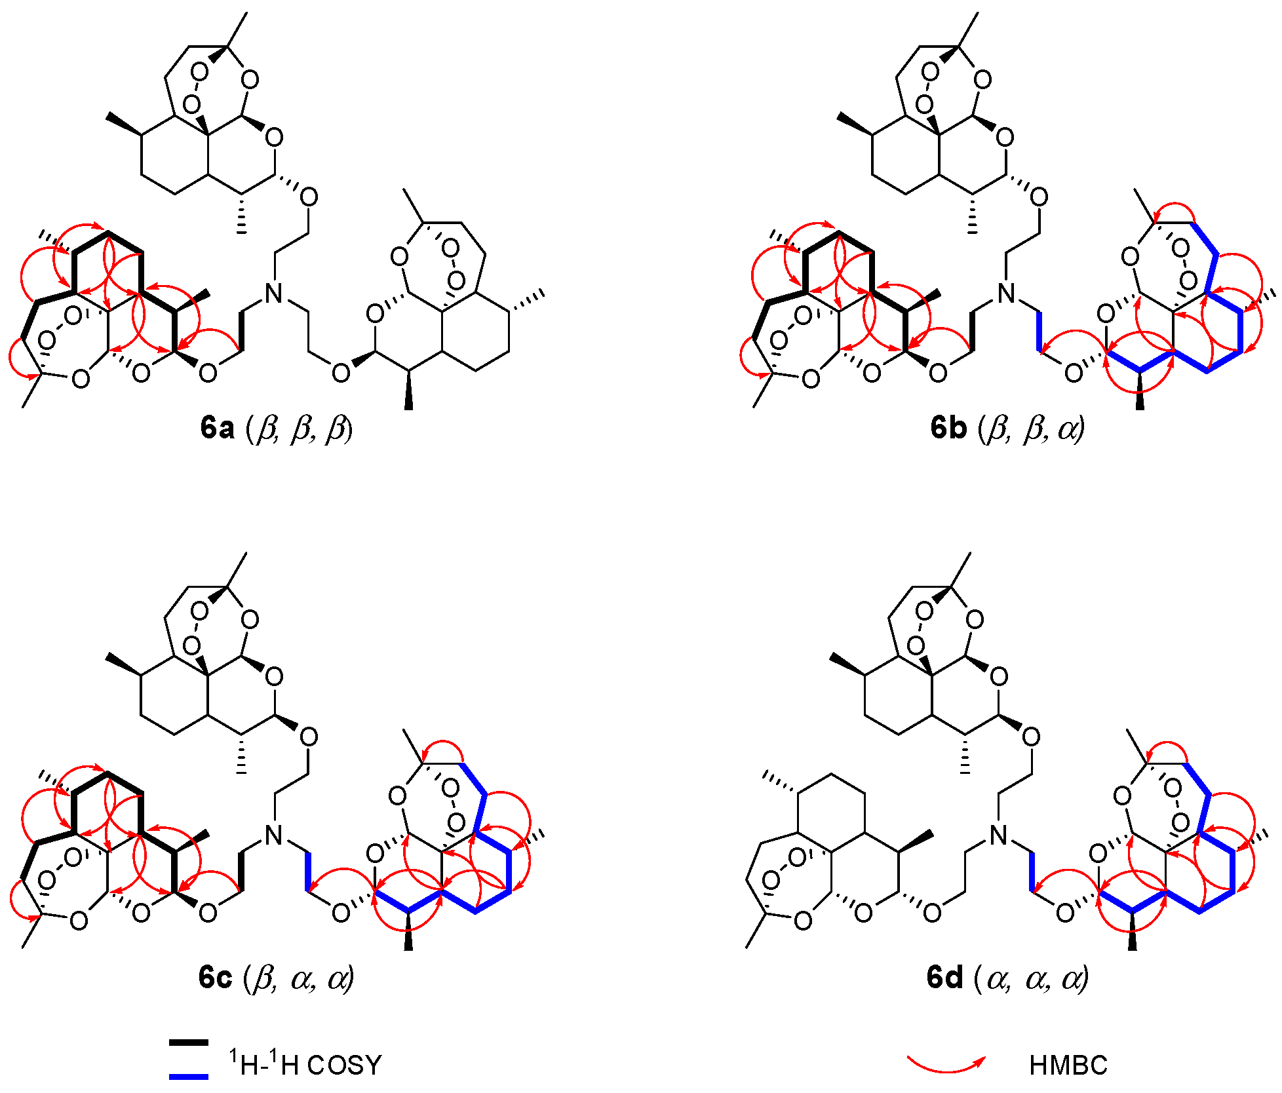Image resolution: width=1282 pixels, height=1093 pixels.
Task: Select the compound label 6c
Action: [x=216, y=977]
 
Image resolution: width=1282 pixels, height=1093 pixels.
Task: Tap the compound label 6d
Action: [x=944, y=977]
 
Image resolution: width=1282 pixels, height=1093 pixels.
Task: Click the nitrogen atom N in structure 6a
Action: [x=274, y=294]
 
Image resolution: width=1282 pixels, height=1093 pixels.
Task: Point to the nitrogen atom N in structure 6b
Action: [x=1005, y=294]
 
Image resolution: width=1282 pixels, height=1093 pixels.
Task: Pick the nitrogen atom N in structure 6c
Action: [x=274, y=835]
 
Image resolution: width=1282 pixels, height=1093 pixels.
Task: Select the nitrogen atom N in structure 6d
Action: [x=999, y=835]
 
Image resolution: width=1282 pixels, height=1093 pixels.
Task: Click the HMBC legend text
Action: [x=1068, y=1065]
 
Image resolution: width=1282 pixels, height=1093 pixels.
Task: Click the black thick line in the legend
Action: [x=189, y=1042]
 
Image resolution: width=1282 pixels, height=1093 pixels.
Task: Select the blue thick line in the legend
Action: [x=189, y=1076]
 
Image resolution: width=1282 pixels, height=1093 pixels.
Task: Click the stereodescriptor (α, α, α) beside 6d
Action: [x=1032, y=977]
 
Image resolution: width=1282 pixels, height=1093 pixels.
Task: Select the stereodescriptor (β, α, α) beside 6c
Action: [x=299, y=977]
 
